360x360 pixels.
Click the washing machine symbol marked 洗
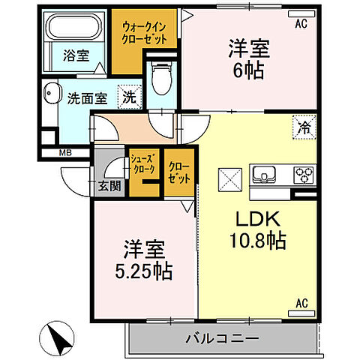[130, 96]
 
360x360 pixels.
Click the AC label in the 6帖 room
[301, 24]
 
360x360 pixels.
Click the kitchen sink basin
[266, 175]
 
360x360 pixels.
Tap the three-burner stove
[303, 175]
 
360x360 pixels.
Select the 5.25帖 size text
[143, 269]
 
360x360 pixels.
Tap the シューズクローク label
[143, 164]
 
